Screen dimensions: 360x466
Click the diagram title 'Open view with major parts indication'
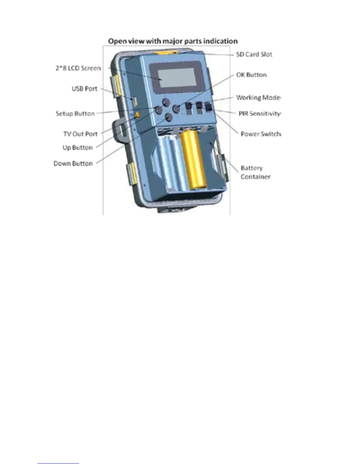pyautogui.click(x=173, y=41)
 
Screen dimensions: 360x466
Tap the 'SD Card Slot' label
pyautogui.click(x=254, y=54)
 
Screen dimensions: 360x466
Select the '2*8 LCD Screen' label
pyautogui.click(x=78, y=68)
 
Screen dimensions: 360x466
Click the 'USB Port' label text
pyautogui.click(x=84, y=89)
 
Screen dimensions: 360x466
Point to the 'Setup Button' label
pyautogui.click(x=75, y=114)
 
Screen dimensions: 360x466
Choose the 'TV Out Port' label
pyautogui.click(x=80, y=134)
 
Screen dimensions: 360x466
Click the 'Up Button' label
pyautogui.click(x=78, y=147)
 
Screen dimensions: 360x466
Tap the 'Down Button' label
pyautogui.click(x=73, y=163)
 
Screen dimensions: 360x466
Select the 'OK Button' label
pyautogui.click(x=251, y=75)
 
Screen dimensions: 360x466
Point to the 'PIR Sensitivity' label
pyautogui.click(x=259, y=114)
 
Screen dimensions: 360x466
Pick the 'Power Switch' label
pyautogui.click(x=260, y=134)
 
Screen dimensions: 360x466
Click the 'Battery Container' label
pyautogui.click(x=255, y=172)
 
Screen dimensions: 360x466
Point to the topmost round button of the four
pyautogui.click(x=166, y=102)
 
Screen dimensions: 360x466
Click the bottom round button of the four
pyautogui.click(x=169, y=117)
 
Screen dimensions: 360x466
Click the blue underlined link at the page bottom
pyautogui.click(x=58, y=463)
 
